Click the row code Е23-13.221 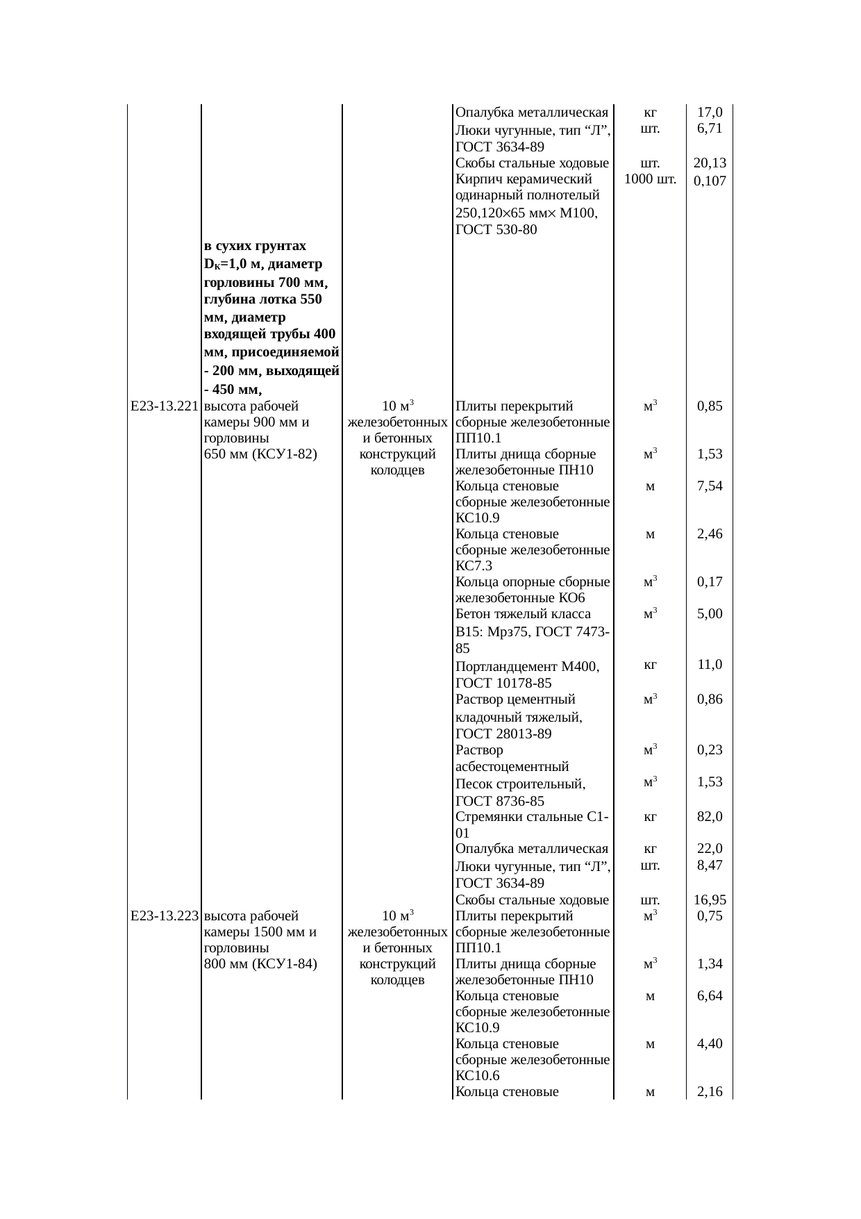[165, 406]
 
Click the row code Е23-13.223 [165, 915]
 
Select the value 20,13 [710, 163]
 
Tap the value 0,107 [710, 181]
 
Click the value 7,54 [710, 486]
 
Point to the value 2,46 [710, 534]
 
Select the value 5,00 [710, 613]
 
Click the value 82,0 [710, 817]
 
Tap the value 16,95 [710, 901]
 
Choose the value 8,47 [710, 865]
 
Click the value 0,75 [710, 915]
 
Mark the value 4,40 [710, 1043]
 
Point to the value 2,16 [710, 1092]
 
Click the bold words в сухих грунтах [255, 246]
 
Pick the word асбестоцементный [512, 767]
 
